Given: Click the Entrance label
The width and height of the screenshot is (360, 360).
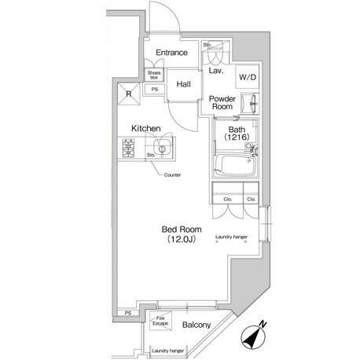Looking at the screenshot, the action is coord(171,53).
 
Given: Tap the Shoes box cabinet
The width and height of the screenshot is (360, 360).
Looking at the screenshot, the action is coord(154,75).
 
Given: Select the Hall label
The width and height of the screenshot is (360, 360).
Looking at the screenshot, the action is coord(183,84).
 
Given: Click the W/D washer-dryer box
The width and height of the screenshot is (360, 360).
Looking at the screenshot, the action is coord(248,77).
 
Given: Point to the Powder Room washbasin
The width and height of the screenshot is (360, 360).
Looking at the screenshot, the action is coord(250,104).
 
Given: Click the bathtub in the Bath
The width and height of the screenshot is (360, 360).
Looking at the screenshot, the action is coord(235,166).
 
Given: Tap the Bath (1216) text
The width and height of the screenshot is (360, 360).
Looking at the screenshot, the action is coord(237,133).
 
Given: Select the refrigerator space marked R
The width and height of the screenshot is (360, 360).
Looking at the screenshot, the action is coord(129,94).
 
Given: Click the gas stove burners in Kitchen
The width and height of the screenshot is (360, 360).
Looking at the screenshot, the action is coord(128,148).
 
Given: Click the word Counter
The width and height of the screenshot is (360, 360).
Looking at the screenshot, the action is coord(172,174).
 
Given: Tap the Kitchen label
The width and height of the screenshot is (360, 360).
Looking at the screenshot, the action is coord(146,128).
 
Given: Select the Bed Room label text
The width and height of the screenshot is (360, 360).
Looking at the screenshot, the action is coord(182,230).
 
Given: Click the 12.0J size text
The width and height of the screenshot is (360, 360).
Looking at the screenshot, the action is coord(182,239).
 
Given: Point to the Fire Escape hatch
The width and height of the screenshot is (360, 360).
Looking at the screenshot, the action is coord(160,321).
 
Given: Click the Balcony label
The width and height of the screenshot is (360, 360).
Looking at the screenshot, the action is coord(197,325).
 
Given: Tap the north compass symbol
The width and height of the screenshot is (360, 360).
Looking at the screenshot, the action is coord(253,336).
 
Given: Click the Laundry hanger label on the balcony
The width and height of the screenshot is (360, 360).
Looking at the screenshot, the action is coord(168,351).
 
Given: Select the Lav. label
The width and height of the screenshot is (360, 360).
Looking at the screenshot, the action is coord(216,71).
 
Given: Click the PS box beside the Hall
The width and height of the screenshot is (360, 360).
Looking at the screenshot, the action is coord(155,90).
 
